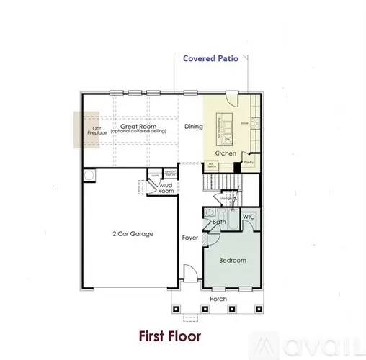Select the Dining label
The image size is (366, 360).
(x=193, y=127)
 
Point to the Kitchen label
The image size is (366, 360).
(x=225, y=153)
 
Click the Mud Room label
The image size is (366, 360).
(x=166, y=189)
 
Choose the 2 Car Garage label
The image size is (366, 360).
(x=132, y=234)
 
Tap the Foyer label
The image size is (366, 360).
(x=189, y=237)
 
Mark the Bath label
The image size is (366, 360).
(x=219, y=222)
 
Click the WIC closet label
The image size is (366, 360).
(x=249, y=217)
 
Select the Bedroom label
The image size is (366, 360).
(x=232, y=260)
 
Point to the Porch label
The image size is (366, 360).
(x=218, y=299)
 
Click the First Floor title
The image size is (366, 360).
(x=171, y=336)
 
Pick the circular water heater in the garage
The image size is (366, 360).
(x=89, y=176)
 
